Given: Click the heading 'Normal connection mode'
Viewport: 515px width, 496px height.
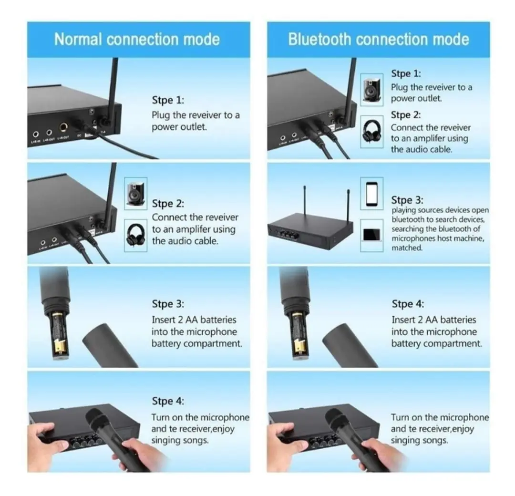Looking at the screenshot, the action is point(137,40).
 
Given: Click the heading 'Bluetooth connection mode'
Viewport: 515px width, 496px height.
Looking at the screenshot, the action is point(378,40).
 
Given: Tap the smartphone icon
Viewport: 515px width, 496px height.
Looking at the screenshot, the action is point(371,194).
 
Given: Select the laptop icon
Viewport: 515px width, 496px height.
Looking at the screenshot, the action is point(371,235).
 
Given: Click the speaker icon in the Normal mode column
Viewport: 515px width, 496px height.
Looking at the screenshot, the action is point(135,194).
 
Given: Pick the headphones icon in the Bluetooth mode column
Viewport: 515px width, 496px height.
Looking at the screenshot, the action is point(371,131).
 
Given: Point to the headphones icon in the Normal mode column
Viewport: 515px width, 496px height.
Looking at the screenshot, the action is point(135,235).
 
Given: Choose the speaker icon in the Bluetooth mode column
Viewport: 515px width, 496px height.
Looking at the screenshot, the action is point(371,89).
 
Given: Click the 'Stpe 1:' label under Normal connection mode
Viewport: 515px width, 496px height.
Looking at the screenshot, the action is point(168,100).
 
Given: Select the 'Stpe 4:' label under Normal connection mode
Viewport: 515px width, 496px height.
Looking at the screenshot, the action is point(168,401).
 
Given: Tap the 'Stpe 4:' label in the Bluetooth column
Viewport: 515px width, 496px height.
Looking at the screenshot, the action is point(408,304).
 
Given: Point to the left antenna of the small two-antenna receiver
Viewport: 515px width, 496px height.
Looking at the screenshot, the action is point(304,200).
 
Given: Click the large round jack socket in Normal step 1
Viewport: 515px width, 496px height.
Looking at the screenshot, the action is point(63,127).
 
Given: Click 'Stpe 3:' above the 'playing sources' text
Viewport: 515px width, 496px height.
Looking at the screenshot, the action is point(407,200).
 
